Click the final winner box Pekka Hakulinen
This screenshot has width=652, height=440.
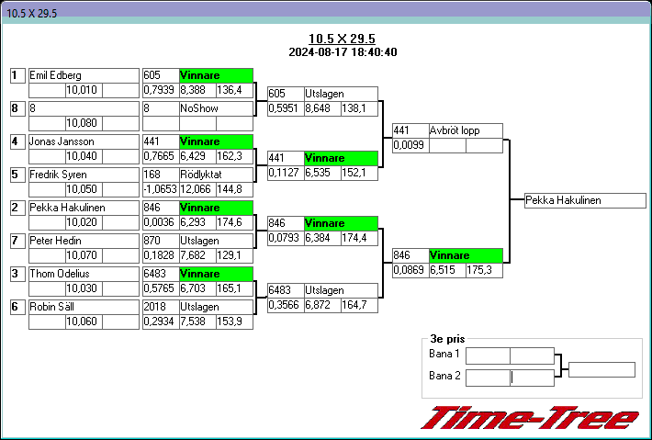click(x=585, y=200)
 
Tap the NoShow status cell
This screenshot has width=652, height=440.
click(x=216, y=108)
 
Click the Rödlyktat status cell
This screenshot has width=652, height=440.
click(x=216, y=175)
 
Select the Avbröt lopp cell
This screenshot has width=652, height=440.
click(x=466, y=130)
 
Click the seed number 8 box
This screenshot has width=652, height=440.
click(x=16, y=108)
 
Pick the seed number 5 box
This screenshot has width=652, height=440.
click(x=16, y=175)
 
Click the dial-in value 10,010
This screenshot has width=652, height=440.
click(x=82, y=90)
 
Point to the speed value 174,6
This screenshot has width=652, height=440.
click(x=234, y=222)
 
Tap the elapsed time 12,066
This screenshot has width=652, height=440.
click(x=197, y=189)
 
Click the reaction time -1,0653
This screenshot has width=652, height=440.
click(x=160, y=189)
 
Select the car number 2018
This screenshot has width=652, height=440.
click(x=160, y=307)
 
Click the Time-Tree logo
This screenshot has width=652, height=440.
click(x=530, y=418)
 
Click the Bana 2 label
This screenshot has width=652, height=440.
click(x=444, y=376)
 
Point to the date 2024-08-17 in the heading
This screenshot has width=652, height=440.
click(x=318, y=52)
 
